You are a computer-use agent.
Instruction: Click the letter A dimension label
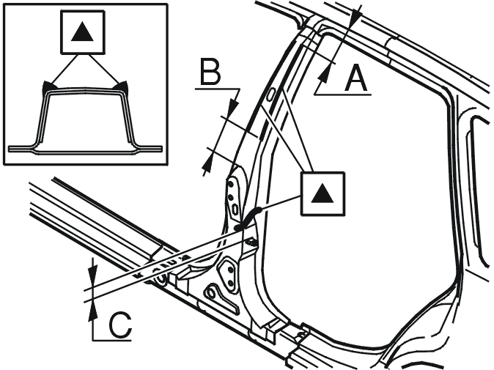[x=356, y=78]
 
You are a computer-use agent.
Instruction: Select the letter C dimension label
[x=120, y=325]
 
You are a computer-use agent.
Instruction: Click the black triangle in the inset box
[x=82, y=32]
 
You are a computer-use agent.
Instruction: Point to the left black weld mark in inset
[x=47, y=86]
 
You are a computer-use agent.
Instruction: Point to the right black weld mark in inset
[x=122, y=86]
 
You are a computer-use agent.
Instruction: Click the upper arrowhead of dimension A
[x=357, y=16]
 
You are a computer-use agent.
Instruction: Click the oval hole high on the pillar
[x=270, y=95]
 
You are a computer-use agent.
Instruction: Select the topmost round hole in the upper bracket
[x=231, y=183]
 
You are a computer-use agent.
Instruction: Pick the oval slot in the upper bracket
[x=235, y=208]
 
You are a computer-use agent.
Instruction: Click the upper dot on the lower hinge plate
[x=231, y=270]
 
